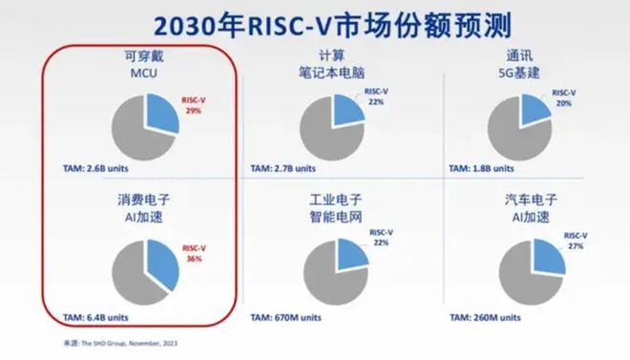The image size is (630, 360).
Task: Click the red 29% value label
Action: pos(193,111)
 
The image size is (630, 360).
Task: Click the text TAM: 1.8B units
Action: pos(474,168)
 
